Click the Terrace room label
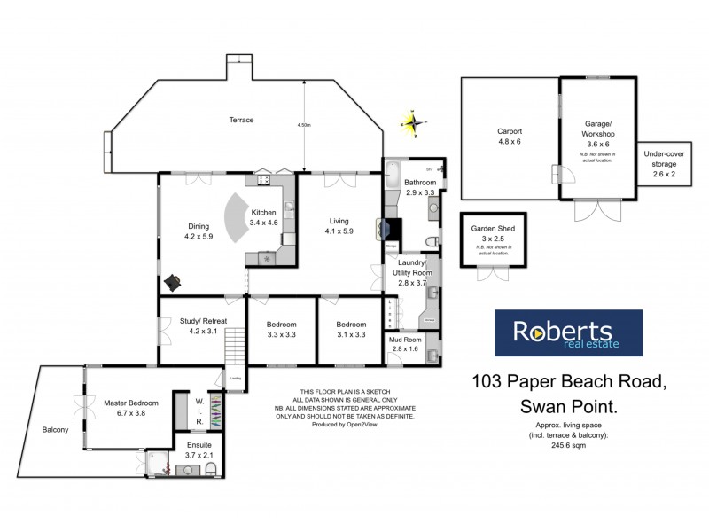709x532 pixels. tap(242, 120)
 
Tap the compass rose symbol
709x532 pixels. tap(414, 122)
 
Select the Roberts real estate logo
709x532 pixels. tap(566, 332)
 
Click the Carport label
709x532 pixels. tap(509, 130)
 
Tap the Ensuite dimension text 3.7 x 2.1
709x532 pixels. tap(192, 455)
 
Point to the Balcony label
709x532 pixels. tap(55, 430)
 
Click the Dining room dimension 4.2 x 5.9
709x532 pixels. tap(199, 237)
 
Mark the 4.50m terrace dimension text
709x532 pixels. tap(304, 126)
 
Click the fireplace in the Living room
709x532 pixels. tap(391, 231)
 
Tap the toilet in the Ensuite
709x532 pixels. tap(211, 470)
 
